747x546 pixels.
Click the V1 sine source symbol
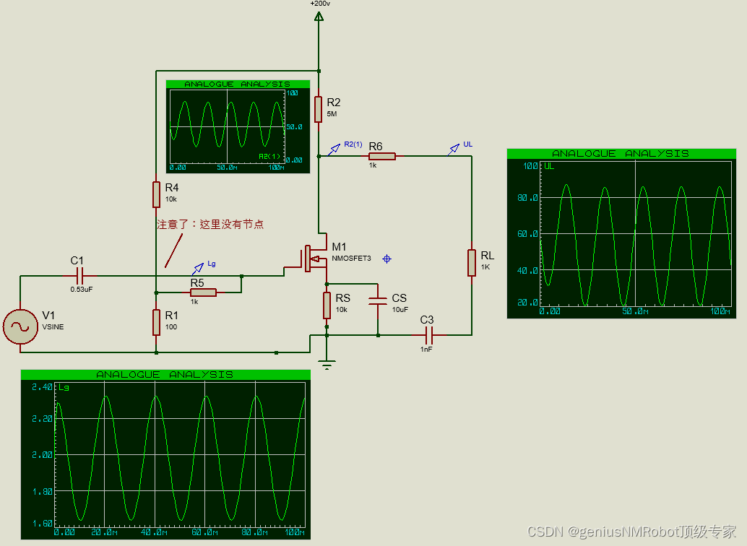[20, 327]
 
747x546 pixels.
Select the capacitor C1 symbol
[80, 275]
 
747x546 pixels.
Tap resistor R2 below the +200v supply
[319, 108]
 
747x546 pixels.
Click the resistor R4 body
[156, 194]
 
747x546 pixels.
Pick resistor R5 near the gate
[203, 292]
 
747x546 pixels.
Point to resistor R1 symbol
[156, 321]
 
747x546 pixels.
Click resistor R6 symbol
[382, 156]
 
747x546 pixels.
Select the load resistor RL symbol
[472, 262]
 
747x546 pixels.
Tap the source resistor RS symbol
[327, 305]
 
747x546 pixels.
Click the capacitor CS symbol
[378, 301]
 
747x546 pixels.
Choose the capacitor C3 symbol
[428, 335]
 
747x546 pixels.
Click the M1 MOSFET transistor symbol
[312, 258]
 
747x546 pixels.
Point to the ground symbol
[327, 365]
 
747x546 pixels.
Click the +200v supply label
[320, 4]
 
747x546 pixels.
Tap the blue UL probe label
[467, 144]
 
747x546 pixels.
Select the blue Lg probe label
[211, 264]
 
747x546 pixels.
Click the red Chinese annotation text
[210, 225]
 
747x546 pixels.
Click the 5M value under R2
[332, 114]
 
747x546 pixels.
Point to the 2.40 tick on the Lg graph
[42, 387]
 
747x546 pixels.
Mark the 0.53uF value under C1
[81, 289]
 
